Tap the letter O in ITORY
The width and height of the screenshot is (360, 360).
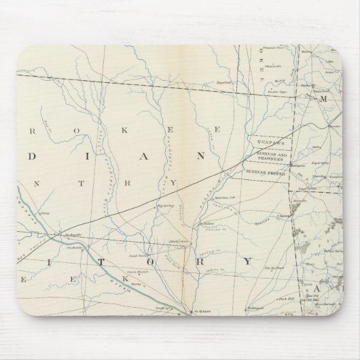pyautogui.click(x=147, y=259)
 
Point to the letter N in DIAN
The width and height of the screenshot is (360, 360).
pyautogui.click(x=200, y=154)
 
